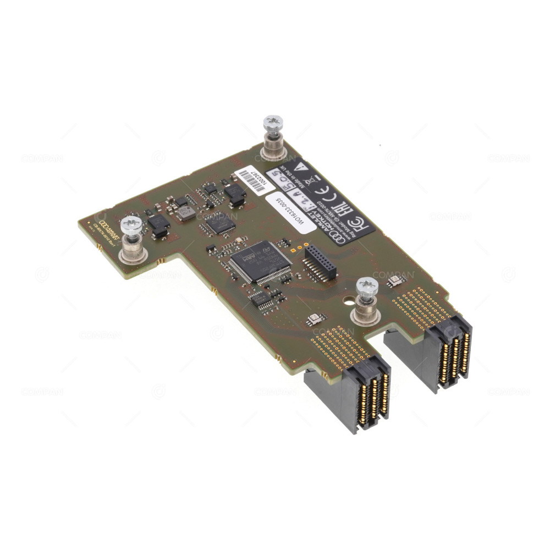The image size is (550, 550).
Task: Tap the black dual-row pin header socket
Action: coord(321,263)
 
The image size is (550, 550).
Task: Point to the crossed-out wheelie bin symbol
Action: coord(312,178)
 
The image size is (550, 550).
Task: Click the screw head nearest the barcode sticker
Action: coord(273,123)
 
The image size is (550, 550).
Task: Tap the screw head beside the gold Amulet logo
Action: coord(131,224)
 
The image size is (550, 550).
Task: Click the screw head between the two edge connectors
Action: coord(367,285)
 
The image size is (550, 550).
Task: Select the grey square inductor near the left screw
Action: coord(186,212)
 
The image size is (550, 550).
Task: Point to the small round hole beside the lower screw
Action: coord(347,301)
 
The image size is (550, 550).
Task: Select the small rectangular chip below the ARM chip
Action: coord(260,299)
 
